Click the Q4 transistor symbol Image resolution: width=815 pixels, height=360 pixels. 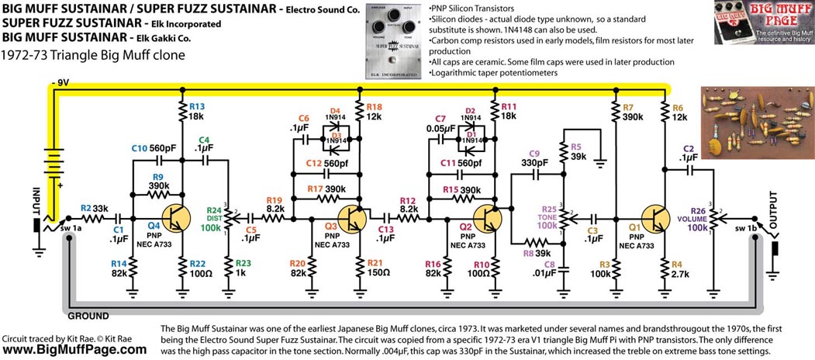[174, 217]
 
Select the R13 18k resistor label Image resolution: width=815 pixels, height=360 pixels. [195, 110]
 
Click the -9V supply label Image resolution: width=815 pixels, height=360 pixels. [61, 80]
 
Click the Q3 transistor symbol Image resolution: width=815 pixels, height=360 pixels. [354, 217]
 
